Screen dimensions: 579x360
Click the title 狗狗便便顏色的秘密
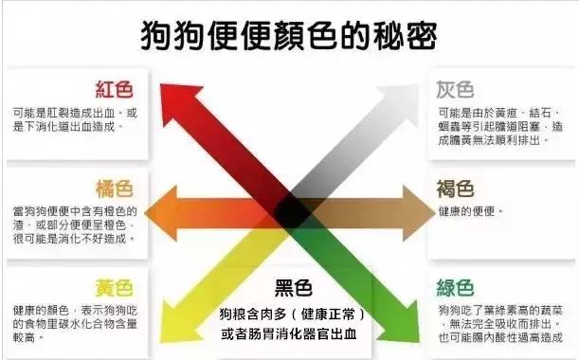pos(288,35)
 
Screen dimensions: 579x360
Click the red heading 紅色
pos(115,90)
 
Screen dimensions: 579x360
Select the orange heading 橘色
pos(115,189)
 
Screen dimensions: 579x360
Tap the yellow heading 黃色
pos(115,287)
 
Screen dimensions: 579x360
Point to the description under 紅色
pos(77,118)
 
